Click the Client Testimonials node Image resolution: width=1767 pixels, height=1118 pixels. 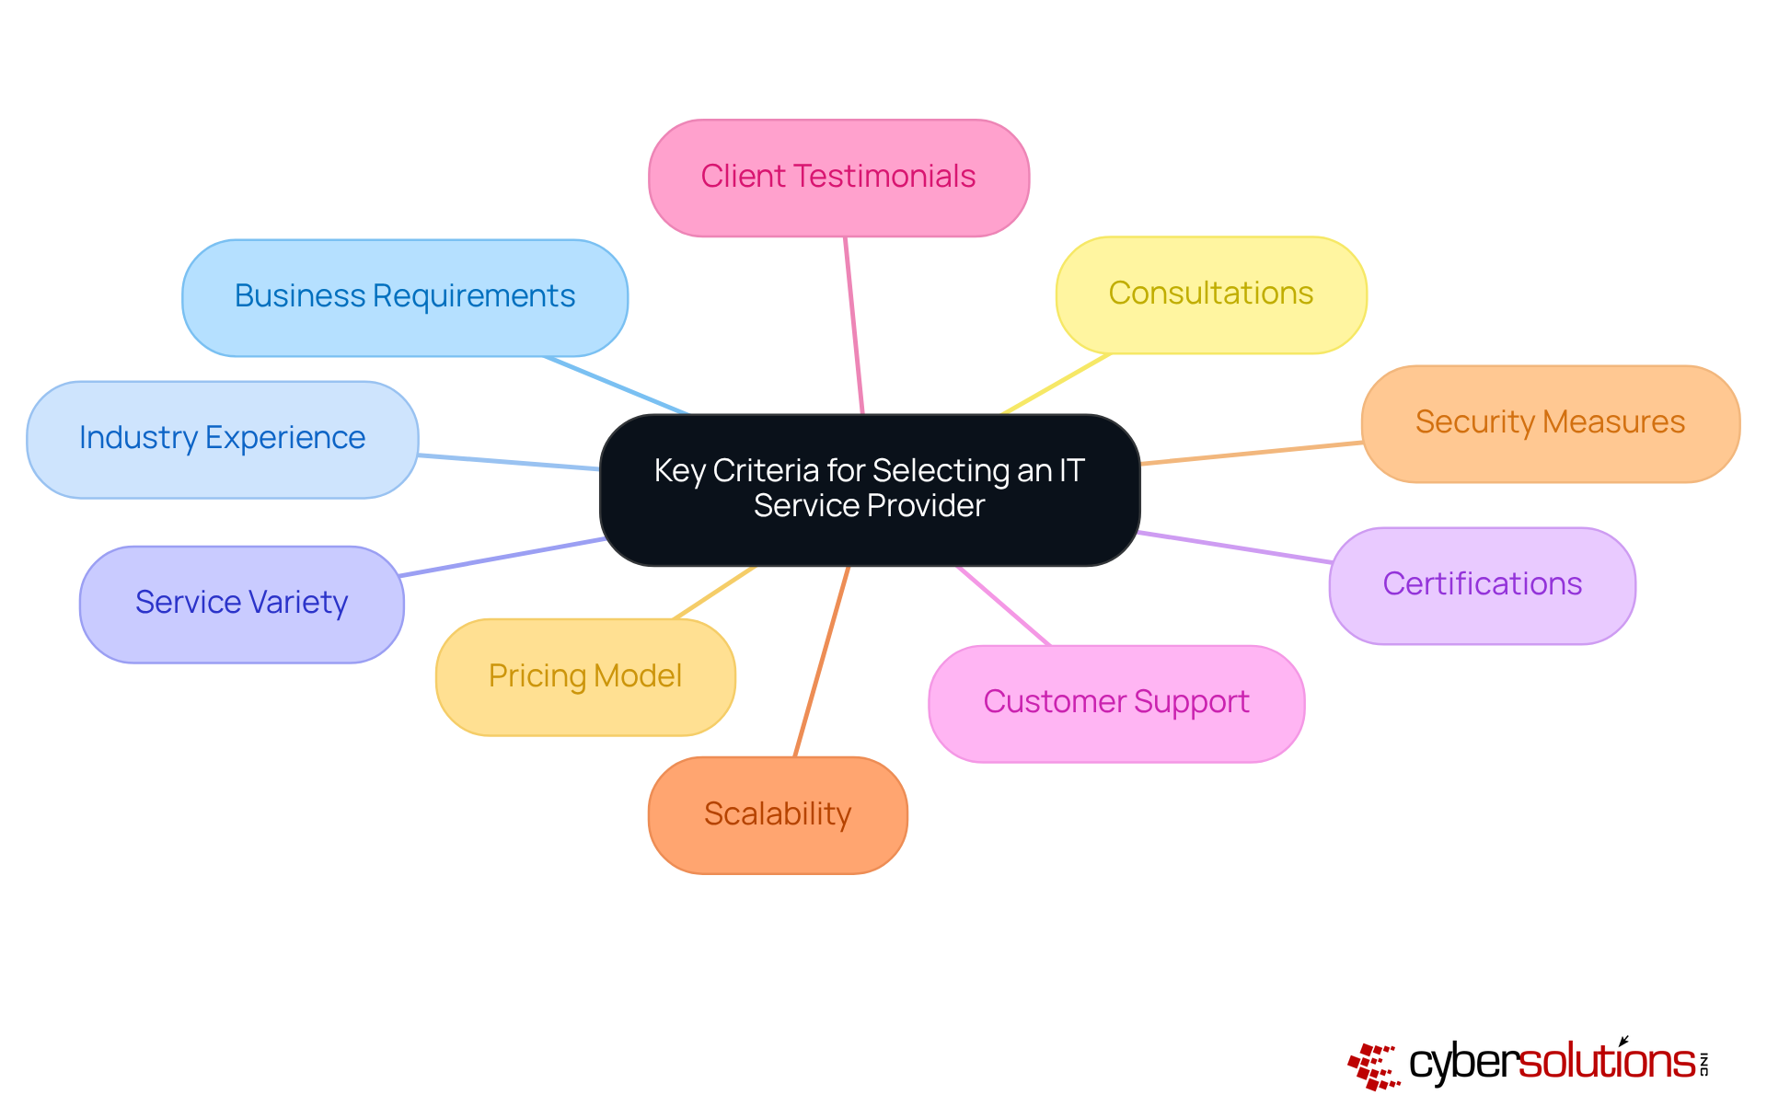pos(838,178)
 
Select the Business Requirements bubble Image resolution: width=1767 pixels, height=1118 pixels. pos(405,297)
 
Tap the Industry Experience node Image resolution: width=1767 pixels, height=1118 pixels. pos(222,439)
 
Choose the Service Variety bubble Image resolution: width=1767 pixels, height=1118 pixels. pos(241,604)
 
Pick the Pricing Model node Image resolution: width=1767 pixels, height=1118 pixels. pos(585,677)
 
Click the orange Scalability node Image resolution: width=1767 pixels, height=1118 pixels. pos(778,814)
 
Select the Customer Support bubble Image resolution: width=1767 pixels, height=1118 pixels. pos(1116,703)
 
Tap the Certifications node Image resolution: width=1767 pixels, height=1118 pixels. pos(1482,585)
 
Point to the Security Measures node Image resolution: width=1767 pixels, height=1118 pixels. pos(1550,423)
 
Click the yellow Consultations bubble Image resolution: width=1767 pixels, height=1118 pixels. pos(1211,294)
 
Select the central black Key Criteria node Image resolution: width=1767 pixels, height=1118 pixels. pos(869,489)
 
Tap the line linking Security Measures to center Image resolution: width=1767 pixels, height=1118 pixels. pos(1252,453)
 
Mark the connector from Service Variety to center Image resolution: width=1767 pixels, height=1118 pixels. pos(502,557)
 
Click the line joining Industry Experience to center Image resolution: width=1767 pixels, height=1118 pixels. pos(508,462)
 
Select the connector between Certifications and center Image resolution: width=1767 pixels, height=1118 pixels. pos(1234,547)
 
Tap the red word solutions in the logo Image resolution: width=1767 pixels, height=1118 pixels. pos(1606,1062)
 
